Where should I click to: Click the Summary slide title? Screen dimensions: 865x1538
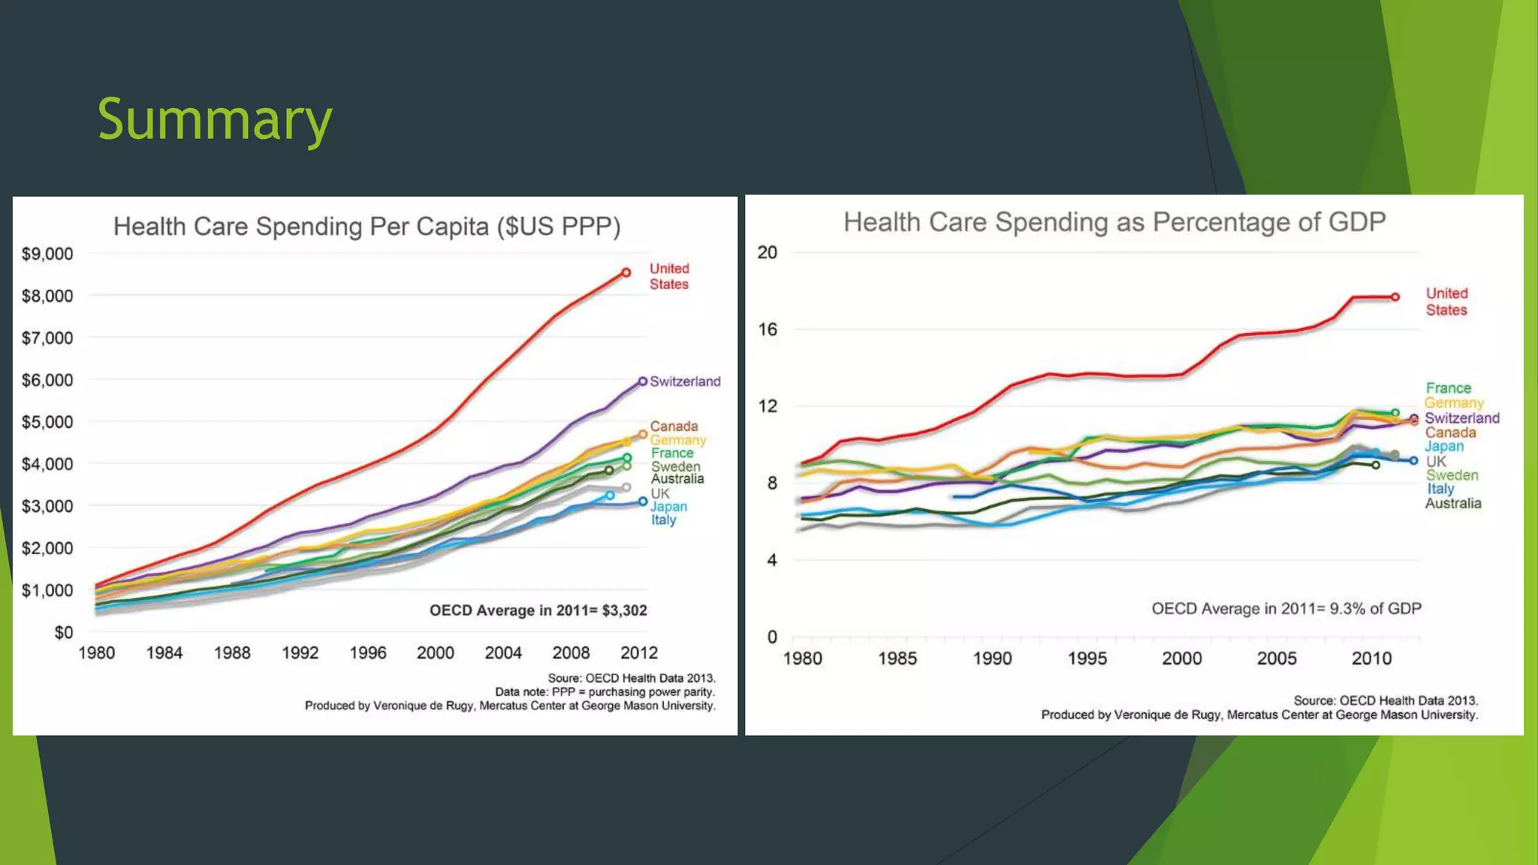(215, 119)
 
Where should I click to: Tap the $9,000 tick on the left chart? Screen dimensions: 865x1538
(47, 254)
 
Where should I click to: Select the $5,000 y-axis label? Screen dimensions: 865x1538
(47, 422)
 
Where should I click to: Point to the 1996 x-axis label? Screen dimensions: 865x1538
(368, 653)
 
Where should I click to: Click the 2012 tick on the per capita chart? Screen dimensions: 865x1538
(639, 653)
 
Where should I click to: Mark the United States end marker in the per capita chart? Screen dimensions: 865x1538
(626, 273)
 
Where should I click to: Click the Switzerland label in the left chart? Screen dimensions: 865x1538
(685, 381)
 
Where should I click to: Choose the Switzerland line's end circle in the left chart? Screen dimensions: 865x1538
(643, 381)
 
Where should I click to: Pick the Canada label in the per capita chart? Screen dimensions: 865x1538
(674, 426)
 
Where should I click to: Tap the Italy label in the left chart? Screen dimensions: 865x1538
(664, 520)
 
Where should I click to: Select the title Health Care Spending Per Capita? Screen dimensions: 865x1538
(366, 227)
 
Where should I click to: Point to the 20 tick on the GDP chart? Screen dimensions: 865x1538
(767, 252)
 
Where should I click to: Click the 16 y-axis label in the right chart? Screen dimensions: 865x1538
(767, 330)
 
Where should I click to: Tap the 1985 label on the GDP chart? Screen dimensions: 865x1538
(897, 659)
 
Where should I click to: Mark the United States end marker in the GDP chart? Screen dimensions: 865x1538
(1395, 297)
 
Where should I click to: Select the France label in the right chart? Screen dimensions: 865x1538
(1449, 388)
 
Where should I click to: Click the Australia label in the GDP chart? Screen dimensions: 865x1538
(1453, 504)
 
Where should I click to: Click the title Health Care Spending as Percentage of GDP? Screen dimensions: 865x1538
(1114, 222)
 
